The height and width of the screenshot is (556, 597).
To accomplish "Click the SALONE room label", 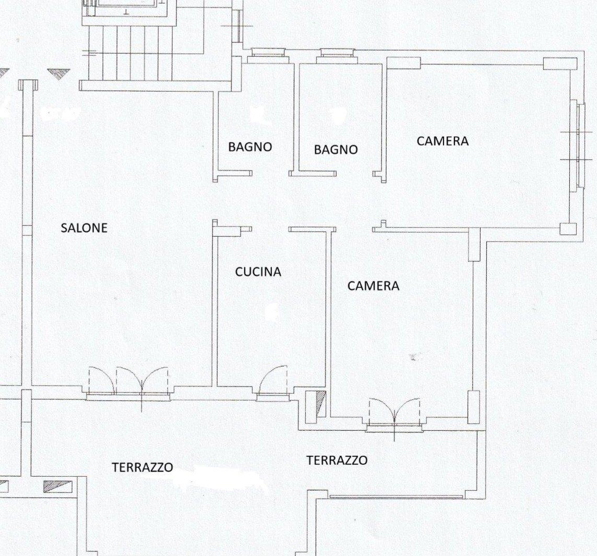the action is (x=84, y=227).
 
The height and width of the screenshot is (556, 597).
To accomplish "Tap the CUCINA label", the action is (x=258, y=272).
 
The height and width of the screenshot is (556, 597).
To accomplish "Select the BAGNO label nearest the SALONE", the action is (x=250, y=147).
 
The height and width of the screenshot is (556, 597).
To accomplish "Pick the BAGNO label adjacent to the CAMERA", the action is (x=336, y=150).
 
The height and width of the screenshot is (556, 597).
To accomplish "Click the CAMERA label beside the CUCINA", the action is (x=374, y=286).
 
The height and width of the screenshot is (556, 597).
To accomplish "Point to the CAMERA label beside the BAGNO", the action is (x=443, y=141).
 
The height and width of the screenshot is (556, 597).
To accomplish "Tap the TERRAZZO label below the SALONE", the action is (x=142, y=467).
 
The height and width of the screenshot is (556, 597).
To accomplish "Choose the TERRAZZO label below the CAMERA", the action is (x=337, y=461).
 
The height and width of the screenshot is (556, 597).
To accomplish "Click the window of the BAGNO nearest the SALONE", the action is (x=266, y=53).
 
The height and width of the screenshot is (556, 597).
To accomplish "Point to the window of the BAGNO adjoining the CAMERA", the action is (x=337, y=53).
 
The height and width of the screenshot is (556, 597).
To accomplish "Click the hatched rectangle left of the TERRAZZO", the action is (x=58, y=486).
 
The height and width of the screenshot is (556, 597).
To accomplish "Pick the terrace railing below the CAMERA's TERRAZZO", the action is (x=396, y=497).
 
